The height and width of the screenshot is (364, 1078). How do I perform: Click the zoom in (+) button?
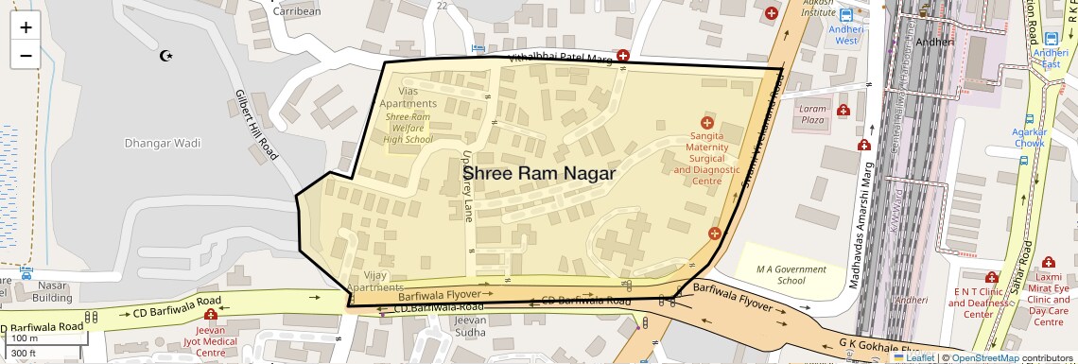(x=26, y=27)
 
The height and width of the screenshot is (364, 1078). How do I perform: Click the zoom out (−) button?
(x=26, y=55)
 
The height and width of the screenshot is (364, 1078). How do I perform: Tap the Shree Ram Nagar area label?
(x=538, y=174)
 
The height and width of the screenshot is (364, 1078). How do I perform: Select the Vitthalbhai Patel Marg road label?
(x=561, y=59)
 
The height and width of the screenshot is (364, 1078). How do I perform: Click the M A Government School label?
(x=791, y=275)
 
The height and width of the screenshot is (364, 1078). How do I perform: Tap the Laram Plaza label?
(x=812, y=114)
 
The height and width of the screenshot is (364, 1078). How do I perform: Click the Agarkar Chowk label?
(x=1030, y=137)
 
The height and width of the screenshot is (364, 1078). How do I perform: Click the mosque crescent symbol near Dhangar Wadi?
(x=167, y=57)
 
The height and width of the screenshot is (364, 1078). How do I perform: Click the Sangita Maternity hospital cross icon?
(x=705, y=123)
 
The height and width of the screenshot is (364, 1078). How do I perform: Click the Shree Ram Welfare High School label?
(x=409, y=128)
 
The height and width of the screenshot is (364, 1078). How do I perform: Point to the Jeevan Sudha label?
(x=469, y=326)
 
